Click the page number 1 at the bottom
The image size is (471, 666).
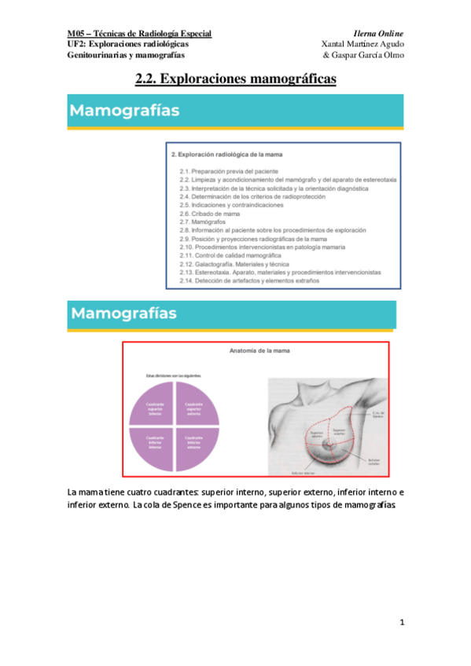click(401, 623)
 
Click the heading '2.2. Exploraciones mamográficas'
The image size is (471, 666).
click(236, 79)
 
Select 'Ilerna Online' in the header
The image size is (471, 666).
click(379, 34)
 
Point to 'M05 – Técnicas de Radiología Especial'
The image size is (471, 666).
click(139, 34)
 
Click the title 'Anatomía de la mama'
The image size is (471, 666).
click(259, 352)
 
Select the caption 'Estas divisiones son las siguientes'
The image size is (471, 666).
click(167, 376)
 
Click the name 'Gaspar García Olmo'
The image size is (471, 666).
click(365, 56)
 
